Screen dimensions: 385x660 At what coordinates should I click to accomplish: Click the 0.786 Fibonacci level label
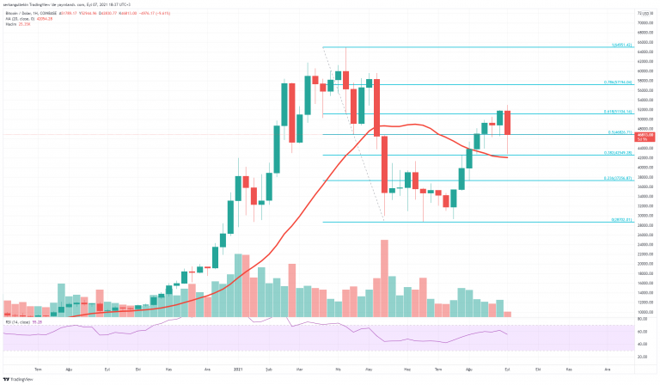coord(616,82)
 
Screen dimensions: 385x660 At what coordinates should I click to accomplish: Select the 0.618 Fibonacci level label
coord(616,112)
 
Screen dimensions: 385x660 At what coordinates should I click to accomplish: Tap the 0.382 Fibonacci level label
coord(616,152)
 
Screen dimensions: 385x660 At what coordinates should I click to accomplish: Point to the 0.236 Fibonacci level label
coord(616,178)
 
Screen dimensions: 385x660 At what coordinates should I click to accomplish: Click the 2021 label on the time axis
coord(239,367)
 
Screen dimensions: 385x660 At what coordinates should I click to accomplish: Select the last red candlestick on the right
coord(507,123)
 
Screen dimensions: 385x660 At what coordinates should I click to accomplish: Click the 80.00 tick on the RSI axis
coord(644,327)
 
